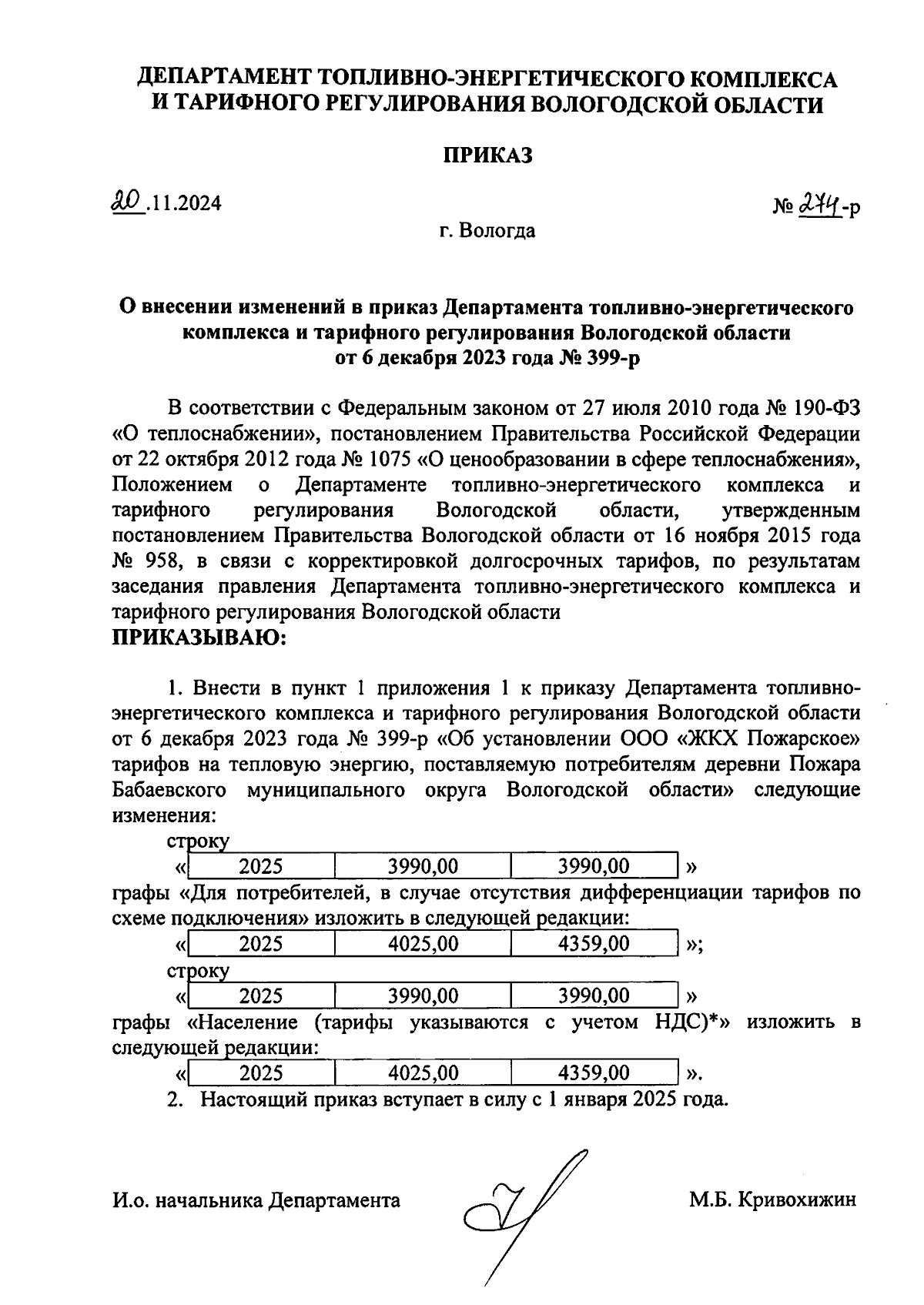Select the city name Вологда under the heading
(498, 230)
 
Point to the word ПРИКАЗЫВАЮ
(199, 637)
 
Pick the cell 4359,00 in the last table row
(594, 1072)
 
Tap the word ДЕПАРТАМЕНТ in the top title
(224, 79)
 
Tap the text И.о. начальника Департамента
(256, 1200)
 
